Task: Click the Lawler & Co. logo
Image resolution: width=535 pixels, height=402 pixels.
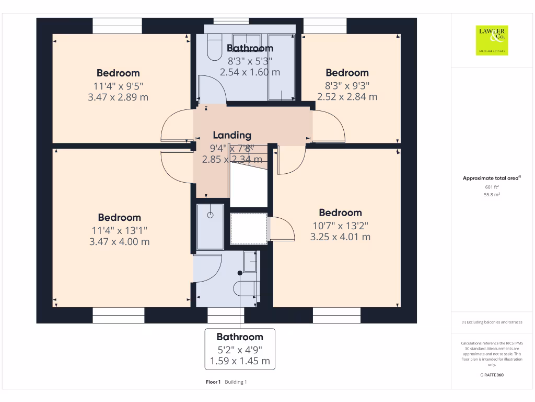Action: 492,40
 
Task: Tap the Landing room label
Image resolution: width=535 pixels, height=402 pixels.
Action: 232,136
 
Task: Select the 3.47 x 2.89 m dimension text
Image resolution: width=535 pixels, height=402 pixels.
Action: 118,97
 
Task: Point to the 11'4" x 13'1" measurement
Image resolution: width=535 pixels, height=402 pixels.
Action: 119,230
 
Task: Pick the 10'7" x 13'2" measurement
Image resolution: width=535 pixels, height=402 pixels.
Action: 340,225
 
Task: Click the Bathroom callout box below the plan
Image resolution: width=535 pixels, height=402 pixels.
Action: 240,349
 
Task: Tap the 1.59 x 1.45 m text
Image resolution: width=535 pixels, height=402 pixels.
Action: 240,361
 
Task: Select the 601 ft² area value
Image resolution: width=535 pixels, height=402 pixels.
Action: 492,186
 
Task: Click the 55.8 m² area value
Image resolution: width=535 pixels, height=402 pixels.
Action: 492,194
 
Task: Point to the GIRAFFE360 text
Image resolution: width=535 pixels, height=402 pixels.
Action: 492,375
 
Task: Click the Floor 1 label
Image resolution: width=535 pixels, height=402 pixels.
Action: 214,382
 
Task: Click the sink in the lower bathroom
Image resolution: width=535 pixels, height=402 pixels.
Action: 250,262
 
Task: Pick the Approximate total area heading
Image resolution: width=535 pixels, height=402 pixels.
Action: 492,178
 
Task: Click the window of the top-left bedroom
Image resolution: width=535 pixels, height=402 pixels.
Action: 117,26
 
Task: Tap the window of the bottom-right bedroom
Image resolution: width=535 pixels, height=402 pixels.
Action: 336,315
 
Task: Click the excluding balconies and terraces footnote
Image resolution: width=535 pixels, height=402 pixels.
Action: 492,322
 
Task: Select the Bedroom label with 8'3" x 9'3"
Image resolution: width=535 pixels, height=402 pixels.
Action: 347,73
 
